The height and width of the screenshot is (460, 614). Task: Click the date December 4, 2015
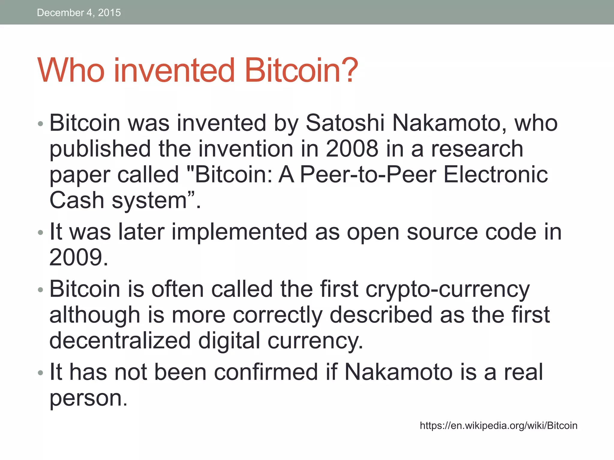[x=79, y=13]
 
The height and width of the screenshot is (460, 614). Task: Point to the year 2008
[x=352, y=149]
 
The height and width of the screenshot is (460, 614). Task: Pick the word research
[x=477, y=149]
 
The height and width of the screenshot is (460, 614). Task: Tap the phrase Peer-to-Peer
[x=368, y=175]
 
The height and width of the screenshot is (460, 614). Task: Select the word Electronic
[x=496, y=175]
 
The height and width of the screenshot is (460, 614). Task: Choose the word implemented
[x=239, y=232]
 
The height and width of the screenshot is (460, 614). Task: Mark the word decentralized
[x=120, y=341]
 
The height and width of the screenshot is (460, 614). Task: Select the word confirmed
[x=266, y=372]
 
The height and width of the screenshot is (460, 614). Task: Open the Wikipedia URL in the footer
[x=498, y=426]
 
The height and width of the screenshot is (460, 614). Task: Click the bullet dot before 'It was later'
[x=41, y=232]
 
